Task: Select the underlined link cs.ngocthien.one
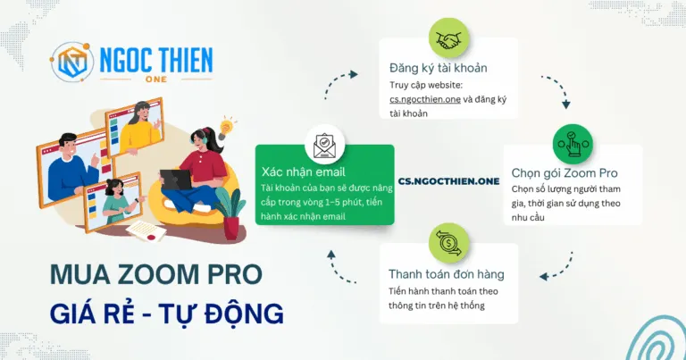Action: [x=427, y=100]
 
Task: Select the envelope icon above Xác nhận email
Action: [x=323, y=145]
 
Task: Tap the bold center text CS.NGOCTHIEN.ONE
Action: [x=448, y=180]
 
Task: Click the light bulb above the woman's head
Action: [x=226, y=127]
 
